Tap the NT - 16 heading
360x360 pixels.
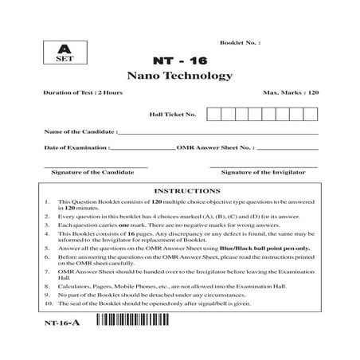click(x=179, y=59)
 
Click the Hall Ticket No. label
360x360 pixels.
click(x=173, y=114)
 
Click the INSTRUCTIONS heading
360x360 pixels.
click(x=181, y=191)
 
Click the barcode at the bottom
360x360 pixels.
click(x=139, y=322)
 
